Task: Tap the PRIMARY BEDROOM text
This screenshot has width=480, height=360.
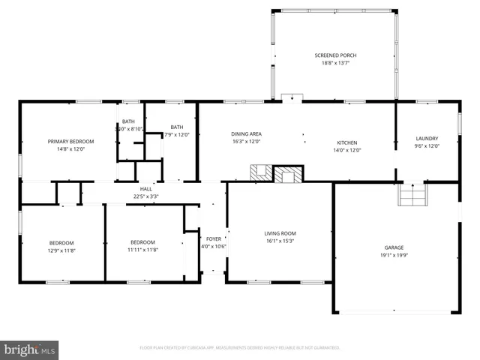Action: [x=71, y=141]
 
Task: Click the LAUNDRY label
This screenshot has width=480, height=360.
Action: [x=427, y=138]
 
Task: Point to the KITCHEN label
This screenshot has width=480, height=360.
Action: [x=346, y=142]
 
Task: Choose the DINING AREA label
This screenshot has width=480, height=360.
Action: [x=246, y=133]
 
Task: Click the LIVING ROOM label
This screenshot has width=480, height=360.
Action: [x=280, y=233]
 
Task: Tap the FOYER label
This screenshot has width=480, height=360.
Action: [x=214, y=238]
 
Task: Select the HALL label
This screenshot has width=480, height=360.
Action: [x=145, y=189]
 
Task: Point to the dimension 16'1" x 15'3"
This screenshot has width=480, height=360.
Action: [x=280, y=241]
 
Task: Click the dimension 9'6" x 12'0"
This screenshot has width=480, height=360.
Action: [x=427, y=145]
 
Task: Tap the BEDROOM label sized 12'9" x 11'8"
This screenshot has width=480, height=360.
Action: [x=61, y=242]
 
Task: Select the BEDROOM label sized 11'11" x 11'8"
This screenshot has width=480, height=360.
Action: [x=142, y=242]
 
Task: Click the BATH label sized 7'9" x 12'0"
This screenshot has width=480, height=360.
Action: [x=176, y=127]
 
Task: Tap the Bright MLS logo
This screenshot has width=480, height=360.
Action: [x=30, y=349]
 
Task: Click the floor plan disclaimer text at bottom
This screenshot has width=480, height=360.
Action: [x=240, y=348]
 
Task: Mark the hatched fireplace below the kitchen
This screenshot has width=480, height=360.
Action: [x=286, y=175]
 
